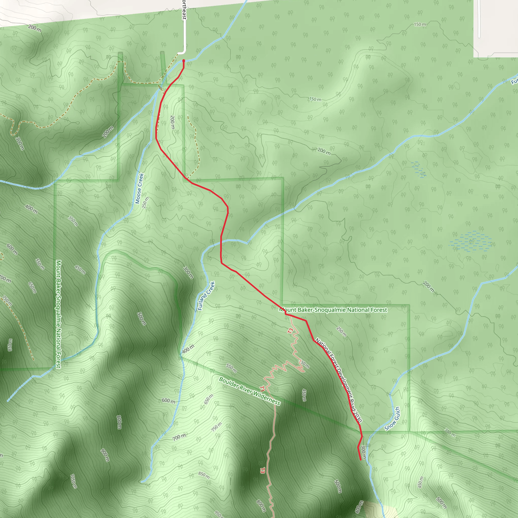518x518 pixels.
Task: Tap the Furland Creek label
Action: coord(206,296)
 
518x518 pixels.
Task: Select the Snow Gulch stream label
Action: coord(392,419)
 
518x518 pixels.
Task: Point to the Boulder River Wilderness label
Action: coord(249,391)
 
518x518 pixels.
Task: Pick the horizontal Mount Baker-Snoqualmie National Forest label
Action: coord(333,310)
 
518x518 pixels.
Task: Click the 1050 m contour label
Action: coord(73,481)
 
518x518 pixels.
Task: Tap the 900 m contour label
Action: coord(105,455)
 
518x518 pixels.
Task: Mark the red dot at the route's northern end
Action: coord(184,61)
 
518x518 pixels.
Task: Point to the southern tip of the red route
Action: coord(360,460)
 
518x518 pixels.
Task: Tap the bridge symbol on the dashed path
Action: coord(160,88)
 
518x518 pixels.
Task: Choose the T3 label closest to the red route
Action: coord(290,331)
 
